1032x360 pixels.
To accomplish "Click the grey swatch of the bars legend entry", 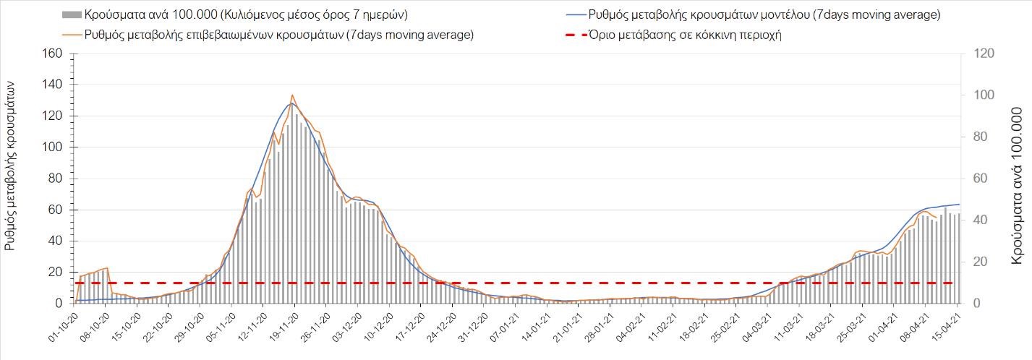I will tap(71, 14).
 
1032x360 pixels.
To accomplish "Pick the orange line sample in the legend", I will tap(71, 35).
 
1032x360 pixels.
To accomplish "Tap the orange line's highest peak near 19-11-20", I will tap(292, 95).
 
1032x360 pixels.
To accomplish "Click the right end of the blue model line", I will tap(959, 204).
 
